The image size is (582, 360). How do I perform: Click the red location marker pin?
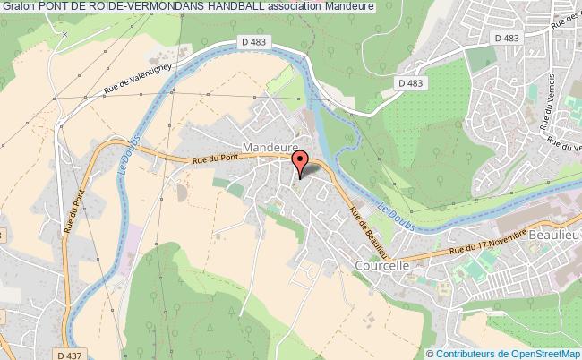[x=301, y=162]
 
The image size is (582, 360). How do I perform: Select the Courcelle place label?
[x=381, y=266]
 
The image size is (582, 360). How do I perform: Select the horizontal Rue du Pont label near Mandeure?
[x=215, y=160]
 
